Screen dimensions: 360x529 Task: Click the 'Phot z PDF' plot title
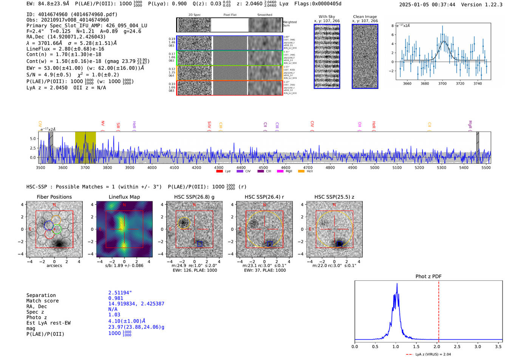tap(428, 277)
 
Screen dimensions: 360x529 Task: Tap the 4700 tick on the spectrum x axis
tap(308, 167)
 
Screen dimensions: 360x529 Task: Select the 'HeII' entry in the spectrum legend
tap(309, 172)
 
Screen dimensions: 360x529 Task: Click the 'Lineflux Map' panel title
tap(124, 197)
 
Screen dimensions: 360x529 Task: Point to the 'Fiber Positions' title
tap(54, 197)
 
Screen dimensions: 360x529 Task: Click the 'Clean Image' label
tap(365, 17)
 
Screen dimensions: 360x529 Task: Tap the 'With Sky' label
tap(327, 17)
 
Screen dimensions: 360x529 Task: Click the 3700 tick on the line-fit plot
tap(442, 83)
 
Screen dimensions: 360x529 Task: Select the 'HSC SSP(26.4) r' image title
tap(264, 197)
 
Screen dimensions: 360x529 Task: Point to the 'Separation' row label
tap(41, 295)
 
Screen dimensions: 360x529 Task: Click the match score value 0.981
tap(116, 298)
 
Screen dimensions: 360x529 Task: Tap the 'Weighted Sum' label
tap(289, 24)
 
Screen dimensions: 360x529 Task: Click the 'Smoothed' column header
tap(264, 15)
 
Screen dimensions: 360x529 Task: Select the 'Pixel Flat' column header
tap(230, 15)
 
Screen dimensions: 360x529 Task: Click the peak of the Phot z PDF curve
tap(397, 284)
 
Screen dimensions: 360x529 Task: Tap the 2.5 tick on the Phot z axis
tap(457, 346)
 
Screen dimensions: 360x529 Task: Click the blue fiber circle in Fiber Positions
tap(49, 226)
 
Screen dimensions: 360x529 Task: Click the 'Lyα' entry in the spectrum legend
tap(227, 172)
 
